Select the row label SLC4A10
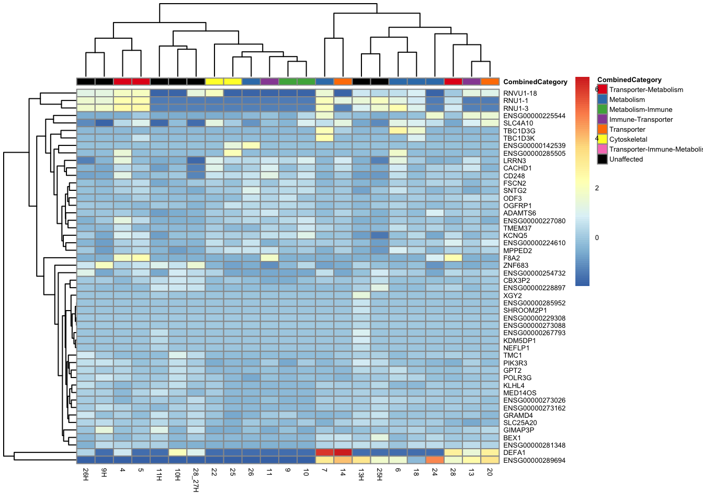(518, 123)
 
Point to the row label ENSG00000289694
(534, 461)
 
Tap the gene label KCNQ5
(515, 236)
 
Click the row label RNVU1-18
(520, 94)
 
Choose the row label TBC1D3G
(519, 131)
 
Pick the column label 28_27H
(196, 480)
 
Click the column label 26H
(86, 475)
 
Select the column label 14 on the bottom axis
(343, 472)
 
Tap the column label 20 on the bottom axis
(490, 472)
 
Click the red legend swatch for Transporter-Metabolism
(603, 89)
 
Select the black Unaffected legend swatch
(603, 159)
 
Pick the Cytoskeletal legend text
(628, 140)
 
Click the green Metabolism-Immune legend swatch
(603, 109)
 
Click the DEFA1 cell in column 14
(343, 452)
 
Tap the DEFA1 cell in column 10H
(177, 452)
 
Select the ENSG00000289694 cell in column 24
(435, 460)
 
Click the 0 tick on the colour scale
(597, 238)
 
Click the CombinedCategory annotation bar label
(535, 82)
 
